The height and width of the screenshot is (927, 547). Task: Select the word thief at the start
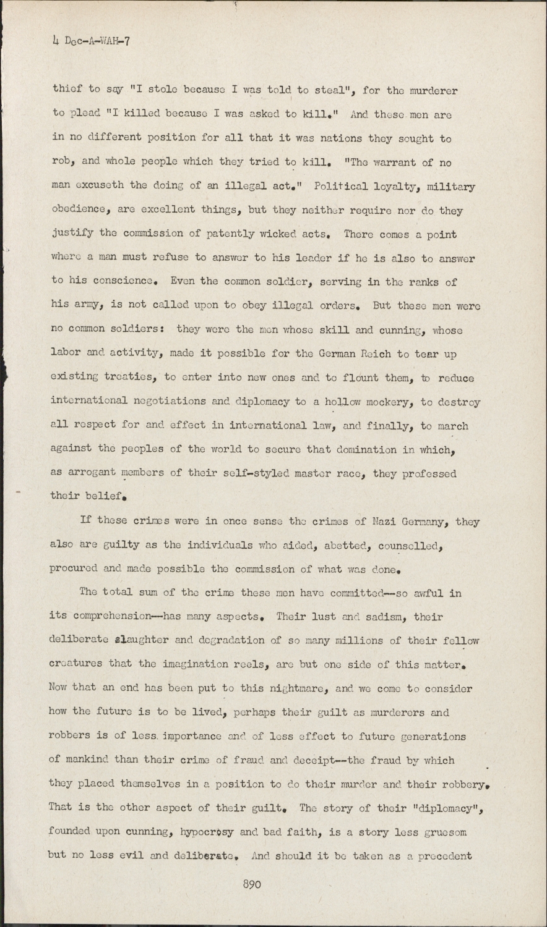click(x=67, y=91)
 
